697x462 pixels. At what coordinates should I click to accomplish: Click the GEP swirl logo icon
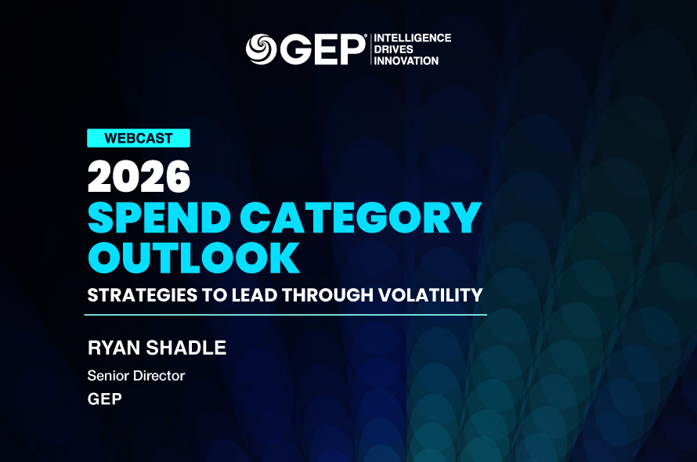(x=261, y=49)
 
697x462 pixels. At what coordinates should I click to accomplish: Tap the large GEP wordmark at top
(x=323, y=49)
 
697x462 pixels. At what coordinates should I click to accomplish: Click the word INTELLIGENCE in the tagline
(x=413, y=38)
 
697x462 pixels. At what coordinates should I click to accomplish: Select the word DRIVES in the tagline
(x=393, y=49)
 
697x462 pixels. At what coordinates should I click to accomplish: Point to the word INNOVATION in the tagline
(x=406, y=61)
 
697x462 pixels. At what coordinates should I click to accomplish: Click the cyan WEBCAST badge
(x=139, y=138)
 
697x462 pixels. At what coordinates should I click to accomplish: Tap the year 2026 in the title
(x=139, y=176)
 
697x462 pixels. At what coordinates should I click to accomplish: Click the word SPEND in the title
(x=159, y=218)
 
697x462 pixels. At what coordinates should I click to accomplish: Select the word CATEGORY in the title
(x=361, y=218)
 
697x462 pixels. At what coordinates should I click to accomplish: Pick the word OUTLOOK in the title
(x=193, y=258)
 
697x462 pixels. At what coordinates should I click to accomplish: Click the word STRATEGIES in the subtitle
(x=143, y=295)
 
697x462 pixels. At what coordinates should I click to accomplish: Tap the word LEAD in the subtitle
(x=255, y=295)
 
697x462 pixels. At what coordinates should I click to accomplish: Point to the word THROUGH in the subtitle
(x=327, y=295)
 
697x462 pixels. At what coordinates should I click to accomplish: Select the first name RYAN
(x=114, y=348)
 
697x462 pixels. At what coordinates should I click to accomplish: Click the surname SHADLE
(x=186, y=348)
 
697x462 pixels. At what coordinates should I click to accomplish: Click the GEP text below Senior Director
(x=104, y=399)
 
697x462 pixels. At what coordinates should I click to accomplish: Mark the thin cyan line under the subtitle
(x=285, y=314)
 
